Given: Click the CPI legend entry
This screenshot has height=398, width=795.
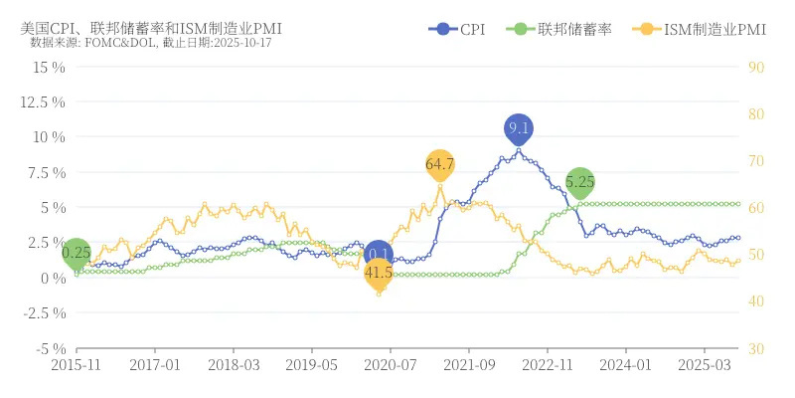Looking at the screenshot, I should click(x=458, y=30).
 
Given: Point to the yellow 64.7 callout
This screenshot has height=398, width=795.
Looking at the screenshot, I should click(x=439, y=163).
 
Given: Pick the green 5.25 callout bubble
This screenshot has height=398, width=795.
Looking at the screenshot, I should click(x=580, y=182).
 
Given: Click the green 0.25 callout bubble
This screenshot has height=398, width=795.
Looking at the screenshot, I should click(x=77, y=253).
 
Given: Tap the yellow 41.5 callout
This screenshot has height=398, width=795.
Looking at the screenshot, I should click(x=379, y=272).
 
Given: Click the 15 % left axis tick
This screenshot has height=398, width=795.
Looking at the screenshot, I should click(x=49, y=67).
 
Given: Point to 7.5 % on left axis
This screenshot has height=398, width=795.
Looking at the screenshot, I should click(x=48, y=171).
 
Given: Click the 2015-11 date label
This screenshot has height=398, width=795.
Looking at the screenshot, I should click(x=77, y=365).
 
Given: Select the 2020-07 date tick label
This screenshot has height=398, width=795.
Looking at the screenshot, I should click(x=391, y=365).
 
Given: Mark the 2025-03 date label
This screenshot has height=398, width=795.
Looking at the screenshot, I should click(x=705, y=365).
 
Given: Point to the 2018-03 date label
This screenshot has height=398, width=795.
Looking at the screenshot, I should click(x=234, y=365).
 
